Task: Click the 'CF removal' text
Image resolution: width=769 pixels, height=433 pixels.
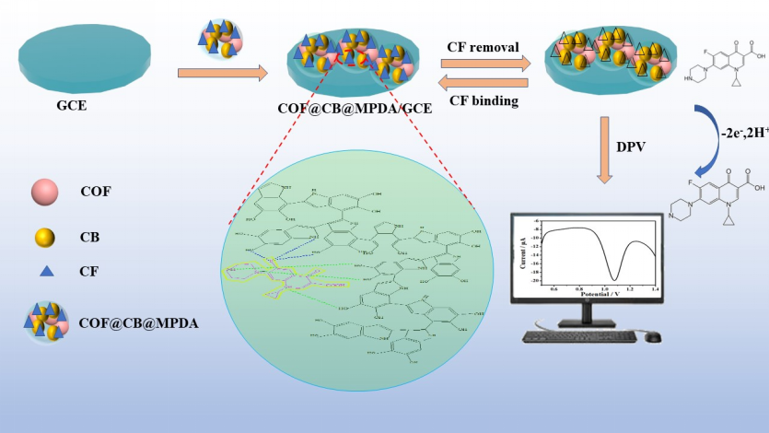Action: (x=483, y=47)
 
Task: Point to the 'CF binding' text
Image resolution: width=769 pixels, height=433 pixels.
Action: (x=483, y=100)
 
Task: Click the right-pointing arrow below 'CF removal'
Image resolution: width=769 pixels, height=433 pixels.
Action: (x=486, y=64)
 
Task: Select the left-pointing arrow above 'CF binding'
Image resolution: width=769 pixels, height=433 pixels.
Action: (x=484, y=83)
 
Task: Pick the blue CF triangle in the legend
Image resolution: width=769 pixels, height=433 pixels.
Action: (x=43, y=271)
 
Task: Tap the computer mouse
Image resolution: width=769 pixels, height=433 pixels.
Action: (x=652, y=336)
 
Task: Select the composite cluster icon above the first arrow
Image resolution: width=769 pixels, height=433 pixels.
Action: (x=222, y=37)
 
